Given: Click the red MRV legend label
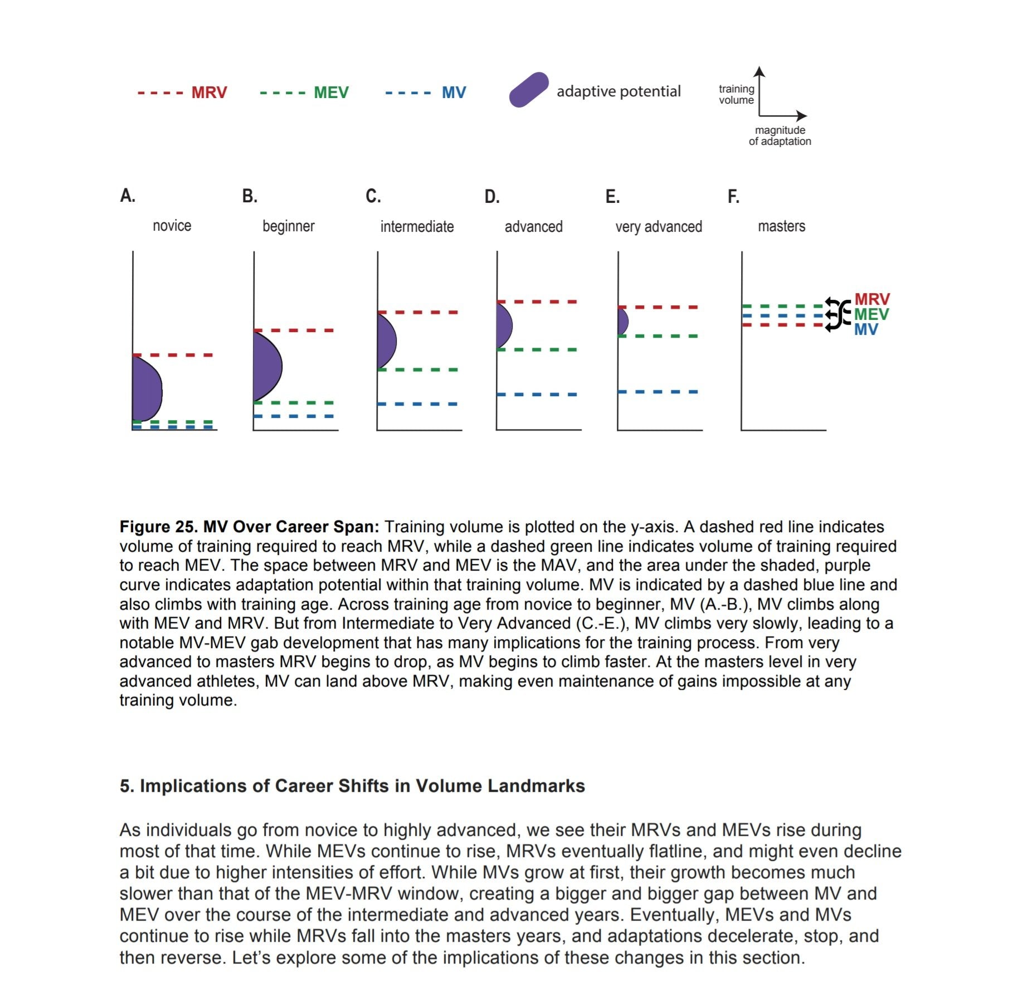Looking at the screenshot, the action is point(209,92).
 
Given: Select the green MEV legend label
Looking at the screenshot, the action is point(331,92).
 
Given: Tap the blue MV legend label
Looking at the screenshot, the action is point(454,92).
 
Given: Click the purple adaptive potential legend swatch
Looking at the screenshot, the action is point(529,90).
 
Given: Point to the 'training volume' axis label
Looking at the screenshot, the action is point(736,94).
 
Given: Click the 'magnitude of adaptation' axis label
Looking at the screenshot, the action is point(780,135).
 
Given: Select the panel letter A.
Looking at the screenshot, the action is point(128,196).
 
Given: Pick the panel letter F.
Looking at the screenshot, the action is point(733,197).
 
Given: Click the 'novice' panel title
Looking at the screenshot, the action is point(172,226).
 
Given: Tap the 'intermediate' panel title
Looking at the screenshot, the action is point(417,227).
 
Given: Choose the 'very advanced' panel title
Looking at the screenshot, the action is point(659,227).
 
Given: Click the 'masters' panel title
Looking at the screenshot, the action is point(781,226).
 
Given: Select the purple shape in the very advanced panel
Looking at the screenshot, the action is point(622,322).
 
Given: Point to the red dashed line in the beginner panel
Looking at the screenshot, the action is point(294,330).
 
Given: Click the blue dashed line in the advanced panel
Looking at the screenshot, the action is point(537,395).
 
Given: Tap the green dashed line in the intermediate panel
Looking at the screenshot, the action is point(418,369).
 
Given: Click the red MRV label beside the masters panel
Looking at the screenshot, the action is point(872,299).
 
